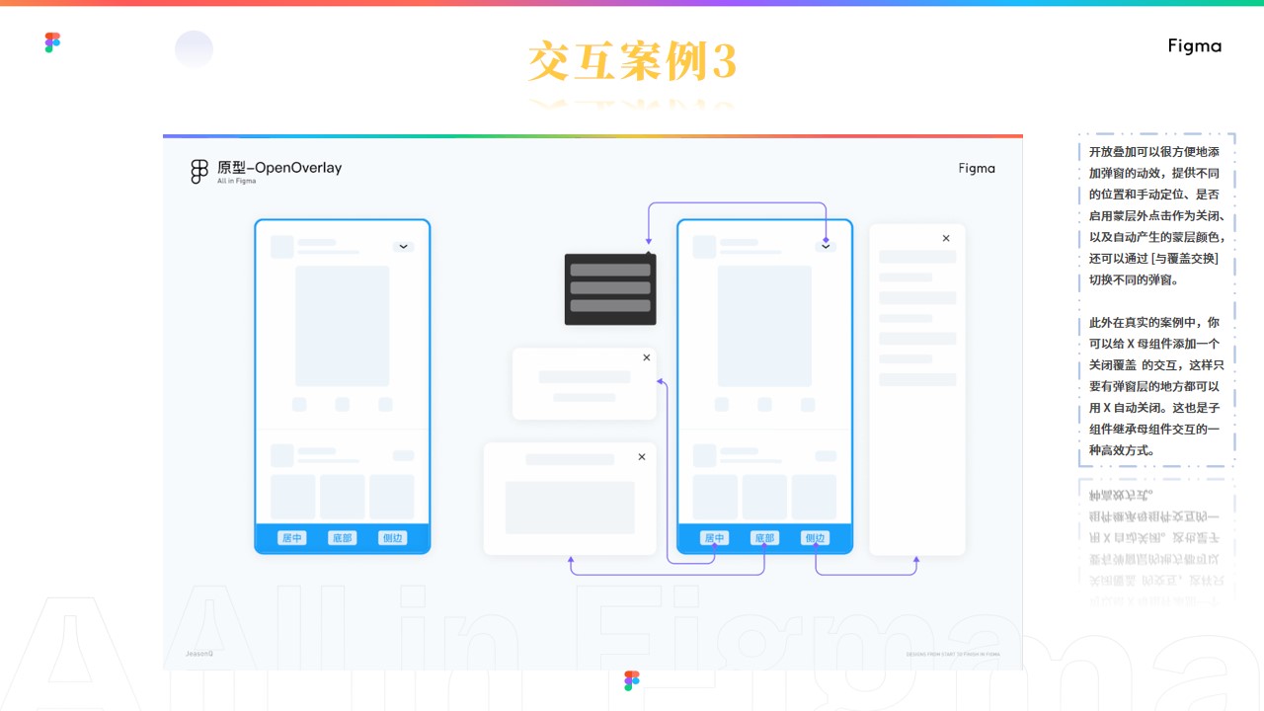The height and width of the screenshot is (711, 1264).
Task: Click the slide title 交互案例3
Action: click(x=632, y=61)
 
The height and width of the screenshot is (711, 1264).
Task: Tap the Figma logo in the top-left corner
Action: click(x=52, y=42)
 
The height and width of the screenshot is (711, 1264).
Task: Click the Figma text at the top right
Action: click(x=1194, y=45)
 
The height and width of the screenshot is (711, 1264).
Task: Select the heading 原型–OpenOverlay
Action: click(x=279, y=168)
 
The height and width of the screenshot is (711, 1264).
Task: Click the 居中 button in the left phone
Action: click(x=291, y=538)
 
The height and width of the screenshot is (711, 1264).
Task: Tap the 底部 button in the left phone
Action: click(x=342, y=538)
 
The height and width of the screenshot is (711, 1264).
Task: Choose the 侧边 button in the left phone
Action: click(x=392, y=538)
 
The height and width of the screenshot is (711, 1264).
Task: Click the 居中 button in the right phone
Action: click(x=714, y=538)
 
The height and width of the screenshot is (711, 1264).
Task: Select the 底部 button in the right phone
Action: click(x=764, y=538)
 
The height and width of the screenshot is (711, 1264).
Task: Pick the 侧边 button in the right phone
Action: click(x=815, y=538)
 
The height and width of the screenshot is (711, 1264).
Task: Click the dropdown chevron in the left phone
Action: click(x=403, y=247)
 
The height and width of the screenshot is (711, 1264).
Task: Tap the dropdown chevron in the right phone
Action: click(x=826, y=247)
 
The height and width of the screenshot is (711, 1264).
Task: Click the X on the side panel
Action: click(x=946, y=238)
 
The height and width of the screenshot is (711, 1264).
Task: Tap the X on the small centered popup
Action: click(x=647, y=357)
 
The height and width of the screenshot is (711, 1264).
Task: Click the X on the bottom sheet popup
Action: click(x=642, y=456)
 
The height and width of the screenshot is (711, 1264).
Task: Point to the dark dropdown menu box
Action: click(x=610, y=289)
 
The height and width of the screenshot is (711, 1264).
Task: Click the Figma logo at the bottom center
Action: click(x=632, y=680)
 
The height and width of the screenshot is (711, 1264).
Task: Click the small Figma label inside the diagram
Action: click(x=976, y=168)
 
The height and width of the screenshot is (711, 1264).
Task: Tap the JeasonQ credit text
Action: click(x=198, y=653)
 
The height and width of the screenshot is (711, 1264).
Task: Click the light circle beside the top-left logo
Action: click(x=194, y=49)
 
